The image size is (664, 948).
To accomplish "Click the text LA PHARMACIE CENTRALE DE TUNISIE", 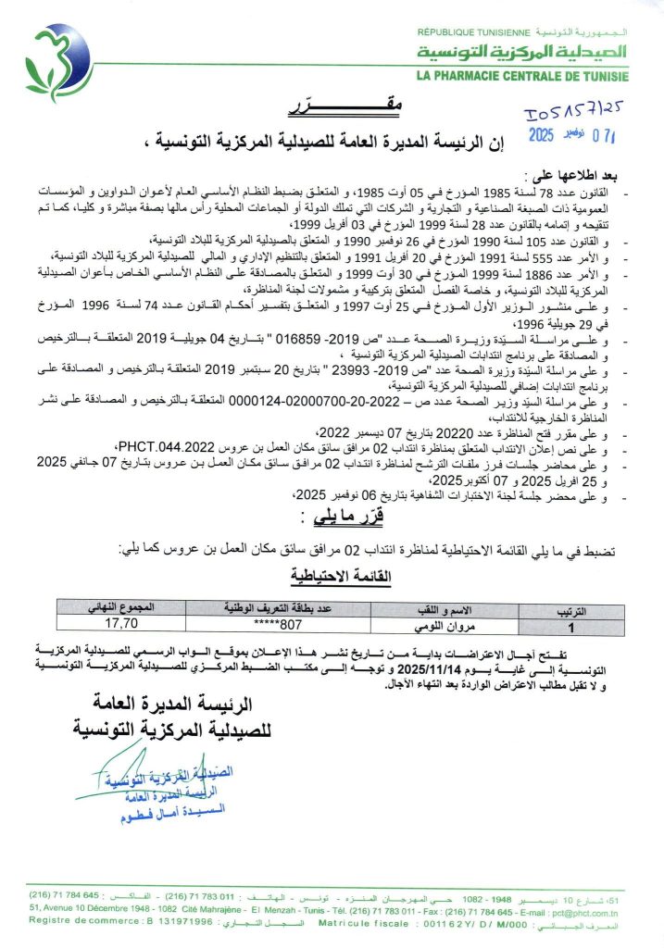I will (x=522, y=76).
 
